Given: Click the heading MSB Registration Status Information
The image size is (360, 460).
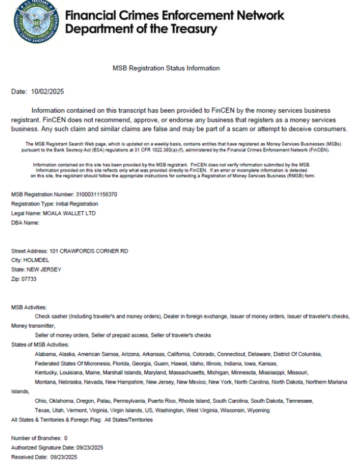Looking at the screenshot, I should tap(166, 69).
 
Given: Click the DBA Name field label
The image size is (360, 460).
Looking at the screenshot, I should tap(25, 223).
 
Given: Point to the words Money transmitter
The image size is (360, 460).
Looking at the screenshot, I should tap(33, 326).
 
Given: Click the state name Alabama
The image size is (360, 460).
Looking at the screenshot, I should tap(46, 354).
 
